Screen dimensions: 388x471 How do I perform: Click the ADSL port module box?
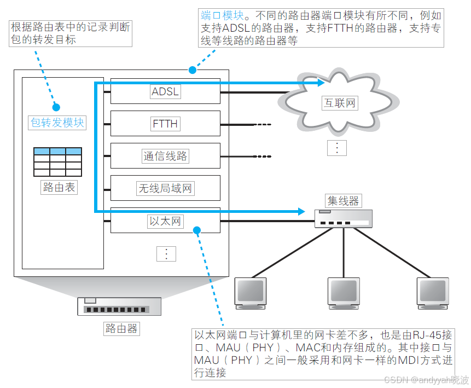click(165, 91)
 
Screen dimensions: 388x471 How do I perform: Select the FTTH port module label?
click(165, 124)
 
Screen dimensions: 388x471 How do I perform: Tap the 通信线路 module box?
click(165, 156)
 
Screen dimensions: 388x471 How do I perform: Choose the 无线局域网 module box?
click(165, 188)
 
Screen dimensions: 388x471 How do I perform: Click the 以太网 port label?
click(165, 221)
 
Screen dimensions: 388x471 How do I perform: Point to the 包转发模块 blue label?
click(57, 122)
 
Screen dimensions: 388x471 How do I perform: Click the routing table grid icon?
click(57, 161)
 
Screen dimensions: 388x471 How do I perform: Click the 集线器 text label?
click(344, 201)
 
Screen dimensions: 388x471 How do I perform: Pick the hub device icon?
click(344, 219)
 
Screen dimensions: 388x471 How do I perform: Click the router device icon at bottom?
click(119, 306)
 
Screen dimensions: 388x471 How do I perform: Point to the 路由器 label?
click(121, 328)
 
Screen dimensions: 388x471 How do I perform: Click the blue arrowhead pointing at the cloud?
click(322, 83)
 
